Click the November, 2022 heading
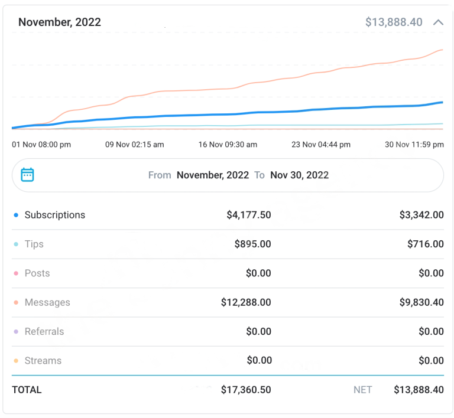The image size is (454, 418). pos(59,22)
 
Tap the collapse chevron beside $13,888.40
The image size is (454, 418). pos(438,22)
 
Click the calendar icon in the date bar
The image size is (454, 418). pos(27,175)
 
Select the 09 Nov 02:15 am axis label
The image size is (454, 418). pos(134,145)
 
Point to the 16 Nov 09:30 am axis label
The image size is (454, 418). pos(228,145)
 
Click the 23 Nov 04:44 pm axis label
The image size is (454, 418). pos(321,145)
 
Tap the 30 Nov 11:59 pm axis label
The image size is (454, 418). pos(414,145)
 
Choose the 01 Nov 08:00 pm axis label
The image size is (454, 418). pos(41,145)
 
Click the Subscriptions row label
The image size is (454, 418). pos(54,215)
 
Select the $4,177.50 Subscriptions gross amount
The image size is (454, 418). pos(248,215)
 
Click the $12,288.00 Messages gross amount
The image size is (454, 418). pos(246,302)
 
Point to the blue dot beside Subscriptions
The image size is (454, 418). pos(16,215)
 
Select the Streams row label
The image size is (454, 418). pos(43,361)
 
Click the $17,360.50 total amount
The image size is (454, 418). pos(246,390)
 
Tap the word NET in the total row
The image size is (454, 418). pos(362,390)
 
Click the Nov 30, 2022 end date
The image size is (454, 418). pos(299,175)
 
